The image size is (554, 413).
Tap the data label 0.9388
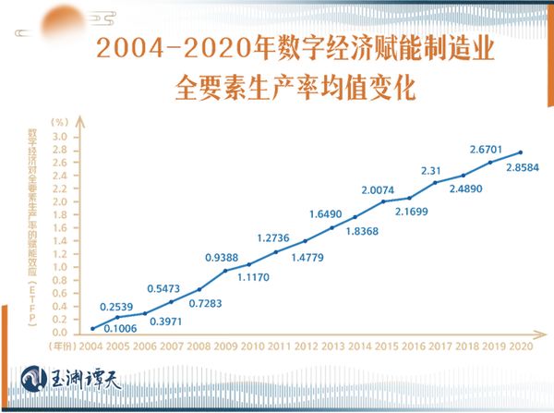coord(223,257)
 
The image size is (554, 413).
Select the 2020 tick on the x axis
coord(521,346)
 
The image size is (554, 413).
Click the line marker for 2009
coord(224,271)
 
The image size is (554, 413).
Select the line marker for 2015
coord(383,201)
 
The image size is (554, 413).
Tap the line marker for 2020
coord(521,152)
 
